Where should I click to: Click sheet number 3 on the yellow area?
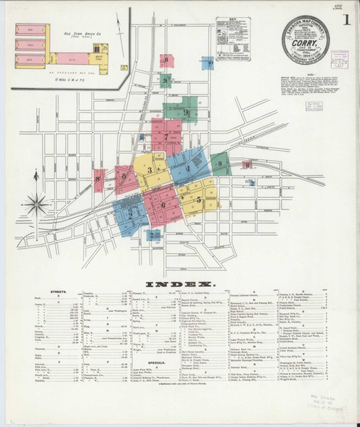[x=149, y=170]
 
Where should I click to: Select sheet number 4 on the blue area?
[x=188, y=168]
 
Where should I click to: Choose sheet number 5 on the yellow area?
[x=198, y=200]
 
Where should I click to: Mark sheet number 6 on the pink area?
[x=163, y=205]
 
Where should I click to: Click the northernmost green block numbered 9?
[x=165, y=80]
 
